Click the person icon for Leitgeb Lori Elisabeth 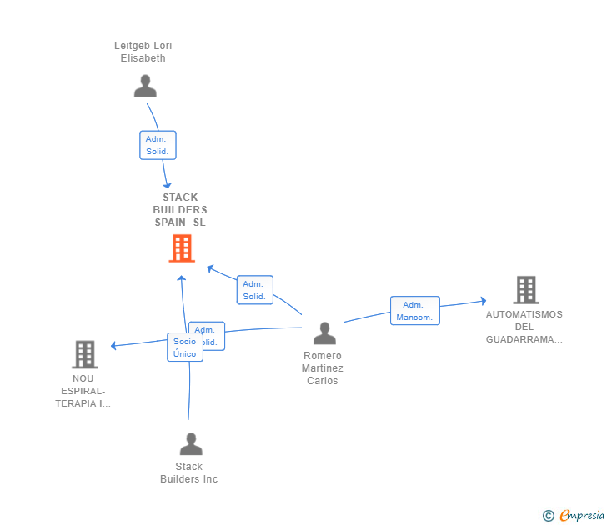145,86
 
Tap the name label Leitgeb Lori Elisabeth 143,52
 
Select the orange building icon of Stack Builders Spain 181,248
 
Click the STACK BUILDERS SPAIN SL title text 180,210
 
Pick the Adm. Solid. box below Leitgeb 157,145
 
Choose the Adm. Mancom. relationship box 414,311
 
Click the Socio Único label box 184,347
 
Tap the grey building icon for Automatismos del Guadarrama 525,290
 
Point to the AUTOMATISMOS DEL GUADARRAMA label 524,327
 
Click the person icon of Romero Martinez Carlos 324,333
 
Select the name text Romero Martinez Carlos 323,368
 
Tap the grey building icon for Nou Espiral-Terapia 84,354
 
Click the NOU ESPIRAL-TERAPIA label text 83,391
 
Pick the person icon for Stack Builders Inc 191,444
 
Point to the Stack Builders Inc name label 189,472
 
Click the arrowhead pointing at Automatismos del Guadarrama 483,301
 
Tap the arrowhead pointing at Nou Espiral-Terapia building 114,345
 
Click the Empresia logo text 582,516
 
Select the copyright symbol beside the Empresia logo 548,516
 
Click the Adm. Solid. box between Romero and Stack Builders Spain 254,290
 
